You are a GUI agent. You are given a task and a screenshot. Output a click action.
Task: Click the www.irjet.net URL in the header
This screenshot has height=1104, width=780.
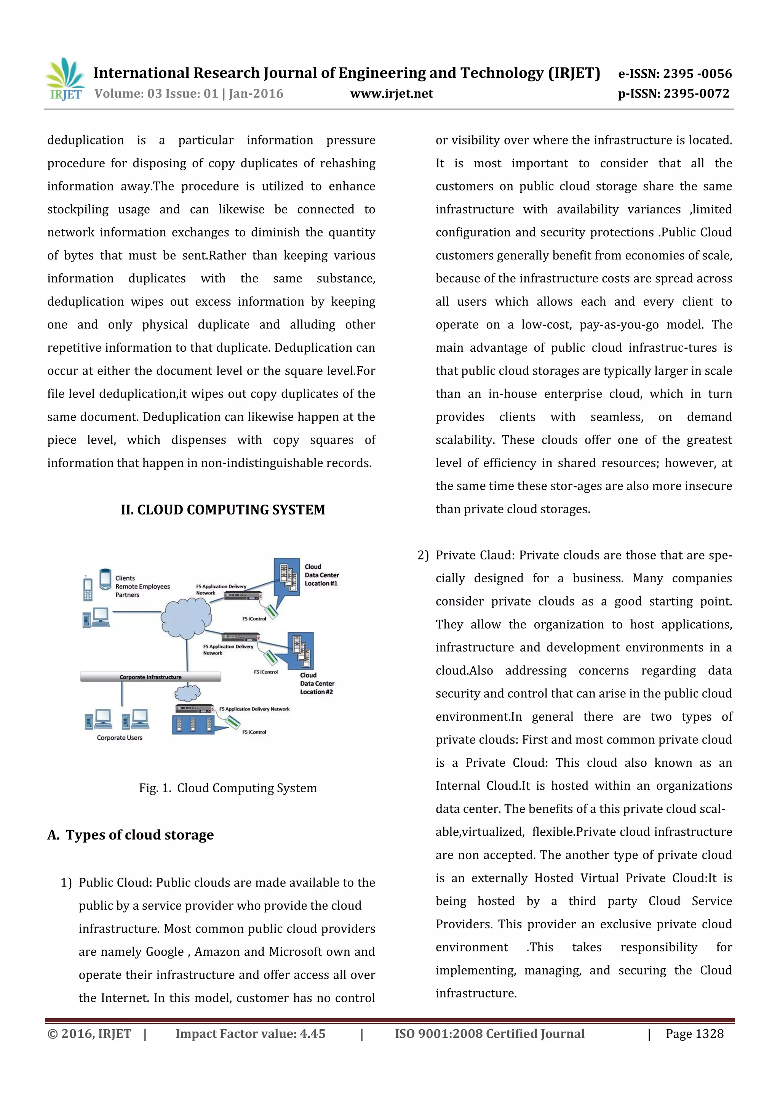[x=391, y=94]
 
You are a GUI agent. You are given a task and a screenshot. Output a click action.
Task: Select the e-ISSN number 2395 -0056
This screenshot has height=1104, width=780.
[x=697, y=74]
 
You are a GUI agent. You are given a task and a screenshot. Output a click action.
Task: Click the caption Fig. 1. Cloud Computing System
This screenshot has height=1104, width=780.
[x=228, y=788]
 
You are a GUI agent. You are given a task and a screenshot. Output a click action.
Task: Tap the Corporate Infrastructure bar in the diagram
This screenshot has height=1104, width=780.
[x=150, y=677]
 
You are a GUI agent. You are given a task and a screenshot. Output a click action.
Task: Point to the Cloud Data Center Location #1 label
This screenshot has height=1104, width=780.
[x=321, y=575]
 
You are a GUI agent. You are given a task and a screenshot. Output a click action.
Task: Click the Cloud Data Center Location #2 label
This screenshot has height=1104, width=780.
[x=317, y=683]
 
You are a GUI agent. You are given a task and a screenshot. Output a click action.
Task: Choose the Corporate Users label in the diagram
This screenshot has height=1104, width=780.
[x=120, y=738]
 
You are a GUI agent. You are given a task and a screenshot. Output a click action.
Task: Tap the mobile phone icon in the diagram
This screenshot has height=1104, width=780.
[x=88, y=588]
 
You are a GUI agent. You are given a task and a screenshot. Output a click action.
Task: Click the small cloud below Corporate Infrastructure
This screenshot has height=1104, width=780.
[x=187, y=693]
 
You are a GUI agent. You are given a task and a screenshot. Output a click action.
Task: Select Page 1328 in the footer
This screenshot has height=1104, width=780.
[x=694, y=1034]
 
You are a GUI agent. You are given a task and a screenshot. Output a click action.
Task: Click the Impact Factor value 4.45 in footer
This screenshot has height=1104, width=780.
[x=250, y=1034]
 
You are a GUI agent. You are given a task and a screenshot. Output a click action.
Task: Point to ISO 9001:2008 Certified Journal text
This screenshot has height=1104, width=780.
[x=489, y=1034]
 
